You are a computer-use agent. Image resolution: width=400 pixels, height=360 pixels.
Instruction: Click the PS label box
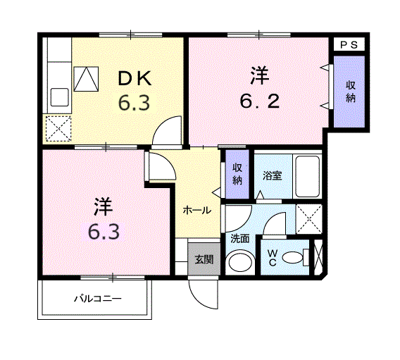coord(349,45)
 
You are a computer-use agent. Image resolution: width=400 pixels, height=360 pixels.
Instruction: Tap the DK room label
coord(135,79)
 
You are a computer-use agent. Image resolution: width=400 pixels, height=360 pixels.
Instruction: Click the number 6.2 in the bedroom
coord(259,101)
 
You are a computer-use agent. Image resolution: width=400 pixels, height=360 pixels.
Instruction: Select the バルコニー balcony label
coord(98,298)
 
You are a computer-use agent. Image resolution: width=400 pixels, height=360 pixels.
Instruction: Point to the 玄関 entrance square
coord(204,259)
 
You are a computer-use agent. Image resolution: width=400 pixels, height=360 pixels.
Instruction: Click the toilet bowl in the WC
coord(294,257)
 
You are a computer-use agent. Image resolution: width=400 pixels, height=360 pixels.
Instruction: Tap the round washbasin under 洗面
coord(240,263)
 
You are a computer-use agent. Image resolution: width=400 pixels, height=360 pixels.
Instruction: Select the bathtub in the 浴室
coord(308,176)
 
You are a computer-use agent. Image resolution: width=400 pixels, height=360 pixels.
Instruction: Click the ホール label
coord(197,211)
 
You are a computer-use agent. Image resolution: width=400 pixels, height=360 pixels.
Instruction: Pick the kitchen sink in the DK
coord(60,97)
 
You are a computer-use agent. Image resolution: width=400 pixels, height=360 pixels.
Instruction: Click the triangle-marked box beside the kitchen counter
coord(86,79)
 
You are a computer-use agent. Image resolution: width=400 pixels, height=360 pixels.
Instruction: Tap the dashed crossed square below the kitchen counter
coord(58,129)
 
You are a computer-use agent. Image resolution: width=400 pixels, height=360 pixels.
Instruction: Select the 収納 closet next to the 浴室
coord(237,174)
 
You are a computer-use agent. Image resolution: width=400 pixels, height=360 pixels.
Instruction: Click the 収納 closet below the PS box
coord(349,92)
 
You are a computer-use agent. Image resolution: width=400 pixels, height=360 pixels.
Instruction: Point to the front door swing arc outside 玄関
coord(200,299)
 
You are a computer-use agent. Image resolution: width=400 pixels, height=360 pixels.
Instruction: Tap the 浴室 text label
coord(273,175)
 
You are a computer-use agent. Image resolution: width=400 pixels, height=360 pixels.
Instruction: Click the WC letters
coord(273,258)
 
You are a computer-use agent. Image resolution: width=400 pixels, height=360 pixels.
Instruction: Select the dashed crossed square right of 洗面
coord(309,219)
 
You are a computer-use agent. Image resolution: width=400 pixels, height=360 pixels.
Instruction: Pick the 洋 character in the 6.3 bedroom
coord(103,206)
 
